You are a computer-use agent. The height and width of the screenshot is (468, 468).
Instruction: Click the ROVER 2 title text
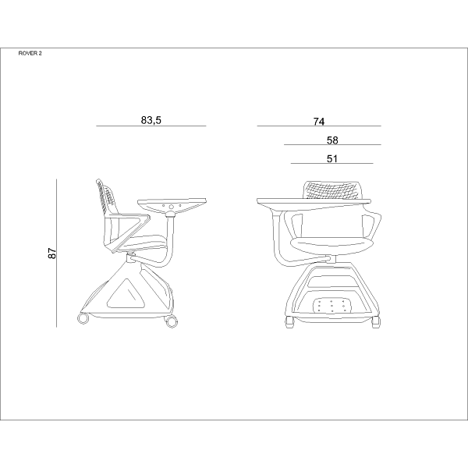point(30,53)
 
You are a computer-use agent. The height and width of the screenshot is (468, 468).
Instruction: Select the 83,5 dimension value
point(151,120)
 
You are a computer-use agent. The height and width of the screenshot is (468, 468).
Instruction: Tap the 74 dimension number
point(319,122)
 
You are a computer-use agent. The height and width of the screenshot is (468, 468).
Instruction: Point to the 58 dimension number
point(332,140)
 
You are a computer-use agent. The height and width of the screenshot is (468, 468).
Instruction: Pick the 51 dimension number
point(332,159)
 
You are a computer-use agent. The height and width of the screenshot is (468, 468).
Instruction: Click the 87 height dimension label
point(52,253)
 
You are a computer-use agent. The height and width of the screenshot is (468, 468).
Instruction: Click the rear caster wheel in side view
point(83,319)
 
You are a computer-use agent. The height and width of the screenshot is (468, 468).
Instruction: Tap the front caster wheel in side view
point(171,321)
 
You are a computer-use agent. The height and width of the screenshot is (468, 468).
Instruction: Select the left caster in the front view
point(289,322)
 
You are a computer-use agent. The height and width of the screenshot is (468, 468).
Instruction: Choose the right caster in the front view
point(376,322)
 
